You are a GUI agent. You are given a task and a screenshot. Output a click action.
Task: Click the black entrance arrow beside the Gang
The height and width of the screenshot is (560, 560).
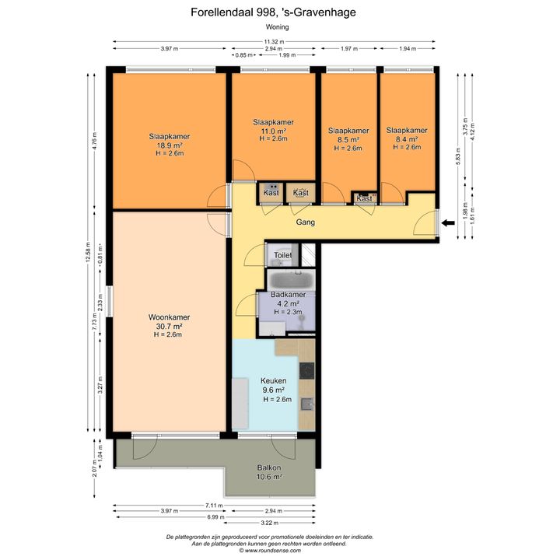(x=448, y=223)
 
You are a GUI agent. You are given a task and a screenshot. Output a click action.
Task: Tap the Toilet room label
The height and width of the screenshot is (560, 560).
(x=283, y=255)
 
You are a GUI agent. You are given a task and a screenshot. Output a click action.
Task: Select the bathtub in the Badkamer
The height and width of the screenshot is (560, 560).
(x=292, y=280)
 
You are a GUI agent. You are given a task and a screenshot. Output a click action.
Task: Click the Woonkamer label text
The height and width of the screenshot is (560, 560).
(x=169, y=317)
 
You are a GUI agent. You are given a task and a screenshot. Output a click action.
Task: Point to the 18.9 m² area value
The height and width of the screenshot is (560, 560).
(x=170, y=145)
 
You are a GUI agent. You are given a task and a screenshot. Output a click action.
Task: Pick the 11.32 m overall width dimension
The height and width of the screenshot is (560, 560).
(x=275, y=42)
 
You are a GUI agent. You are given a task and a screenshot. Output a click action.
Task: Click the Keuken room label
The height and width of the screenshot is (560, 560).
(x=274, y=380)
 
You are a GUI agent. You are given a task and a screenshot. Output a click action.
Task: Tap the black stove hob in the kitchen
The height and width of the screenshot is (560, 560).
(x=306, y=371)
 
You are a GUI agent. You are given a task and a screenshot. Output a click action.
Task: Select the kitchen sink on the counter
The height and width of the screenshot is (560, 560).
(x=307, y=404)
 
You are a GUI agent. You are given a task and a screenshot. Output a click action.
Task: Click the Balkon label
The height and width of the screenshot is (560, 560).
(x=269, y=467)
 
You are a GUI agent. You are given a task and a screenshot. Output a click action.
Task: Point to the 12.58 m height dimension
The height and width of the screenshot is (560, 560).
(x=88, y=253)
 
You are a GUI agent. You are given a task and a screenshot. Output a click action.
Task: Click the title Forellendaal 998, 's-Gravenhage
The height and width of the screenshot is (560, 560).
(x=273, y=12)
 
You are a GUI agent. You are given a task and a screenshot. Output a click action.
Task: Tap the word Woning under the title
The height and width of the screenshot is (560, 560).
(x=277, y=26)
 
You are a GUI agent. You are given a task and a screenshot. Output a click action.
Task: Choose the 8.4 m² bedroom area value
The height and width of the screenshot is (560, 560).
(x=407, y=139)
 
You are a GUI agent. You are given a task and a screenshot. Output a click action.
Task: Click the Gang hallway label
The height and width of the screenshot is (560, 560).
(x=306, y=222)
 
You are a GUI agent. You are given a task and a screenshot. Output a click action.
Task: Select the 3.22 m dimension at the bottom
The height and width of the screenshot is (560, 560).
(x=270, y=523)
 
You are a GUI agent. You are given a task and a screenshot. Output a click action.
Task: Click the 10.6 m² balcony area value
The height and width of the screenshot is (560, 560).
(x=269, y=477)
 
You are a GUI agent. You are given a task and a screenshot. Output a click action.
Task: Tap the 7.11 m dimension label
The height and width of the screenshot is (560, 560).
(x=215, y=506)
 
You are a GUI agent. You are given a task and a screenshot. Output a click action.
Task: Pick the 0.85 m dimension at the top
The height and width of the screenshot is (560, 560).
(x=244, y=55)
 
